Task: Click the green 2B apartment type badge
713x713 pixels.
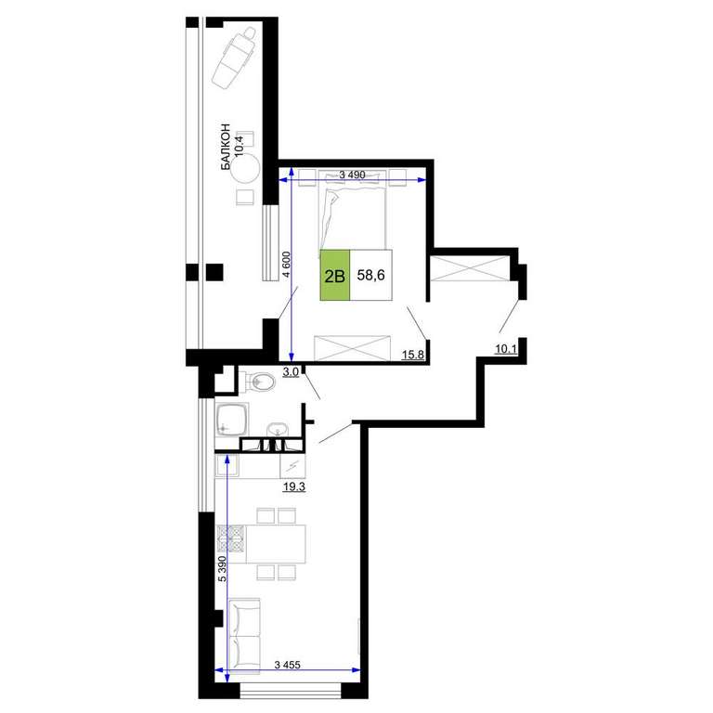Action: pyautogui.click(x=335, y=275)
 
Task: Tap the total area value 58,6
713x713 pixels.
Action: pyautogui.click(x=371, y=275)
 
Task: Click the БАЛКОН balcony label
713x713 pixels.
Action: pyautogui.click(x=226, y=148)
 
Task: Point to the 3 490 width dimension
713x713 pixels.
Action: pyautogui.click(x=353, y=175)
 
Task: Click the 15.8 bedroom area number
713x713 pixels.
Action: pyautogui.click(x=413, y=355)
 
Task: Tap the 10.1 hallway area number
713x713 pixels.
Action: pyautogui.click(x=506, y=349)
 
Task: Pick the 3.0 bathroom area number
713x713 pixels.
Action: pyautogui.click(x=291, y=372)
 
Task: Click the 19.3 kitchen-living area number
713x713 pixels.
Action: pyautogui.click(x=293, y=487)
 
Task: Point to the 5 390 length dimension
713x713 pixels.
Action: pyautogui.click(x=222, y=568)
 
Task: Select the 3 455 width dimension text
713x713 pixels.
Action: pyautogui.click(x=288, y=665)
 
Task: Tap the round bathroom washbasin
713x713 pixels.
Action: pyautogui.click(x=277, y=429)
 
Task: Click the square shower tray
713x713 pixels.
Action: pyautogui.click(x=232, y=419)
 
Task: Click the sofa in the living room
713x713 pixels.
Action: pyautogui.click(x=244, y=635)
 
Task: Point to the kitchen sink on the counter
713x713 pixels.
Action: pyautogui.click(x=226, y=466)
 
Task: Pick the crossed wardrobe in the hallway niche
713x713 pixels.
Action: pyautogui.click(x=470, y=268)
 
